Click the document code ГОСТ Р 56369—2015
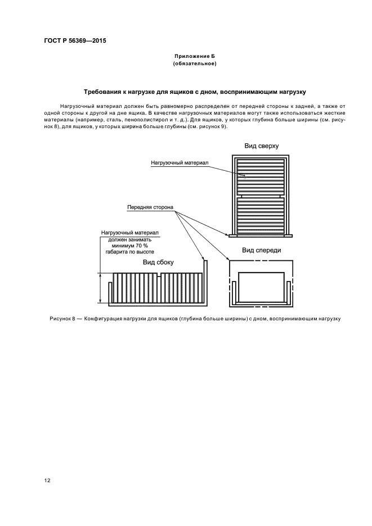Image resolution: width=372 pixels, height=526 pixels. pyautogui.click(x=75, y=42)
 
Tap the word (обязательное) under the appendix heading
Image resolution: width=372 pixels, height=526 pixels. pyautogui.click(x=194, y=64)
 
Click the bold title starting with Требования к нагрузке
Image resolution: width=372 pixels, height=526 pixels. pyautogui.click(x=194, y=91)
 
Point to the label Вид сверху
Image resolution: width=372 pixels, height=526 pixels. pyautogui.click(x=261, y=146)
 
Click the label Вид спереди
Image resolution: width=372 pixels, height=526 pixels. pyautogui.click(x=261, y=250)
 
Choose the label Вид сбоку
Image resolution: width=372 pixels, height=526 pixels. pyautogui.click(x=158, y=262)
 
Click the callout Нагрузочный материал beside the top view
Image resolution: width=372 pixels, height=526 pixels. pyautogui.click(x=180, y=162)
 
